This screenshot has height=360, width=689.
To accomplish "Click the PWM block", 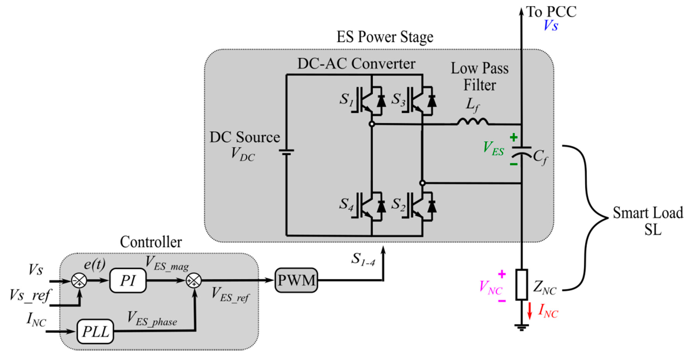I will [x=296, y=280].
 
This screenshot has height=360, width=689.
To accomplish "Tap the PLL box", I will [x=95, y=331].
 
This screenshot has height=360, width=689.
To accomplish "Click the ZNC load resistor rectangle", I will [x=522, y=284].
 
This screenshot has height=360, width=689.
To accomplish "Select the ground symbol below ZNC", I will [x=522, y=327].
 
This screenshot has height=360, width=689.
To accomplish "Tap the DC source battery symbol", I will [x=286, y=152].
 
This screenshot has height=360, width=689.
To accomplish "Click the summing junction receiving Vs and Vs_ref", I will [x=79, y=281].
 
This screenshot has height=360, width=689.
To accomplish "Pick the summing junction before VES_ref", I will [x=194, y=281].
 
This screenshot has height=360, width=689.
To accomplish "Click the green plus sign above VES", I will [x=514, y=138].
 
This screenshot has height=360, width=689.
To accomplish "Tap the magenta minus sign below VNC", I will [x=502, y=301].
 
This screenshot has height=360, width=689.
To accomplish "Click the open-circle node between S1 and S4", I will [x=372, y=124].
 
